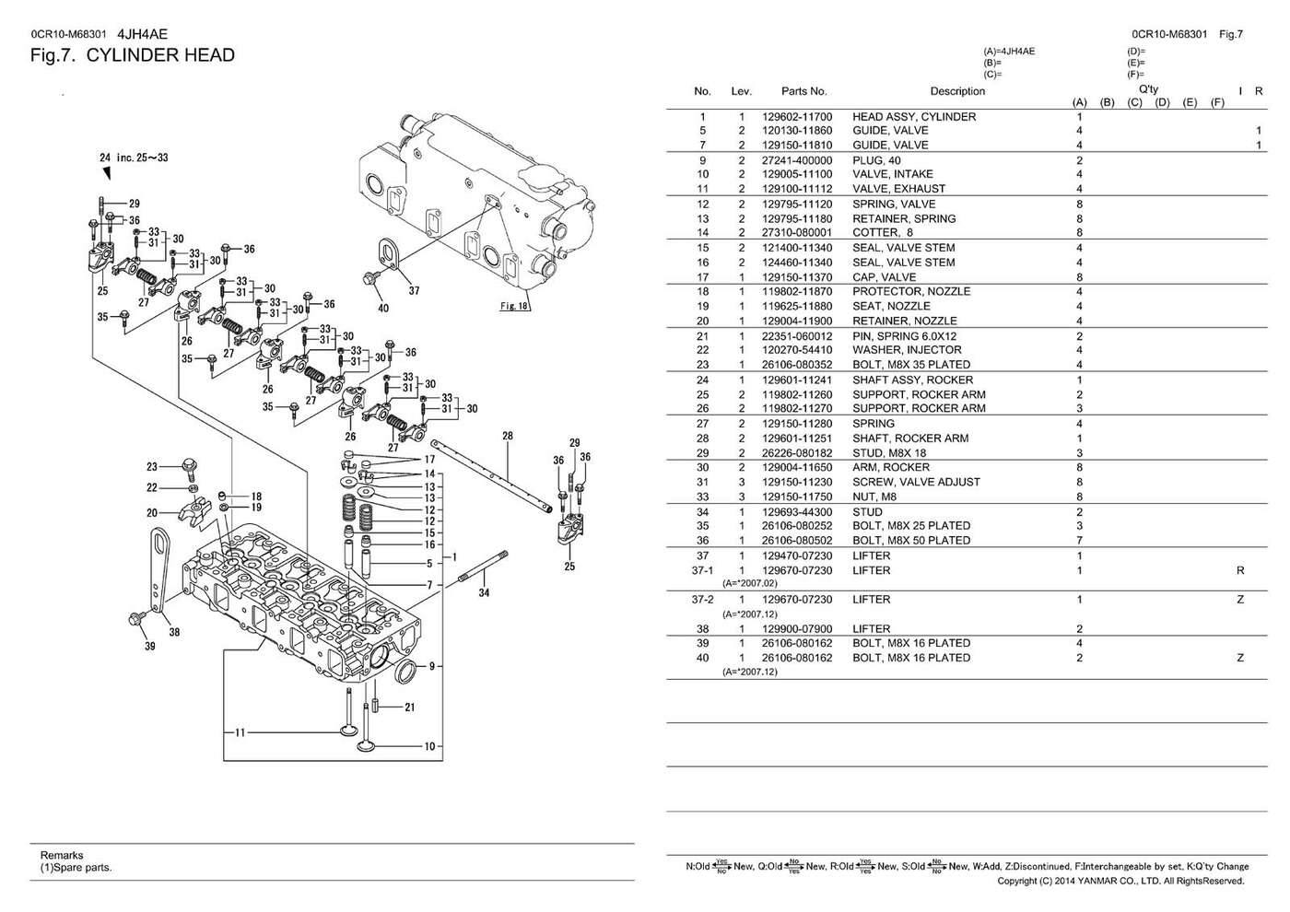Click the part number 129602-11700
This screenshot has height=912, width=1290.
pos(797,117)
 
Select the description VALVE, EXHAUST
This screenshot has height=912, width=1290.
pos(899,189)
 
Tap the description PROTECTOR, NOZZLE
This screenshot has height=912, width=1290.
pos(911,291)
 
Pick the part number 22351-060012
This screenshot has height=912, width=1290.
pos(797,336)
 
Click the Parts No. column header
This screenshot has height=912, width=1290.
pos(803,91)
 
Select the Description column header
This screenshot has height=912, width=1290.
pos(957,91)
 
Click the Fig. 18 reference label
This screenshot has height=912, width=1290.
pos(514,306)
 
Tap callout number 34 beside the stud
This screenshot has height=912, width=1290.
pos(484,592)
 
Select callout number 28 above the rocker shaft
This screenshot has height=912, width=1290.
pos(508,436)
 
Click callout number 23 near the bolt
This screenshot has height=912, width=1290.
pos(152,466)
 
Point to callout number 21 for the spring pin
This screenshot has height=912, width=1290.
pos(409,707)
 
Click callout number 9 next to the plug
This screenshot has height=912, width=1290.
pos(432,666)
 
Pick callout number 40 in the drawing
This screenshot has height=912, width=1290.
pos(383,308)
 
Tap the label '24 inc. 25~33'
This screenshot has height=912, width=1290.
pos(134,158)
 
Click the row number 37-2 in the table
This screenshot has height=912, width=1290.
pos(702,600)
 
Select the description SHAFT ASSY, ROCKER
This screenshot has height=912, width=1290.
pos(913,380)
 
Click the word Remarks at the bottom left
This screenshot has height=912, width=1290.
pos(62,855)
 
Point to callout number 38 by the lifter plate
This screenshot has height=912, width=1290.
pos(174,632)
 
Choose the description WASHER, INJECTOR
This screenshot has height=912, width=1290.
pos(907,350)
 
